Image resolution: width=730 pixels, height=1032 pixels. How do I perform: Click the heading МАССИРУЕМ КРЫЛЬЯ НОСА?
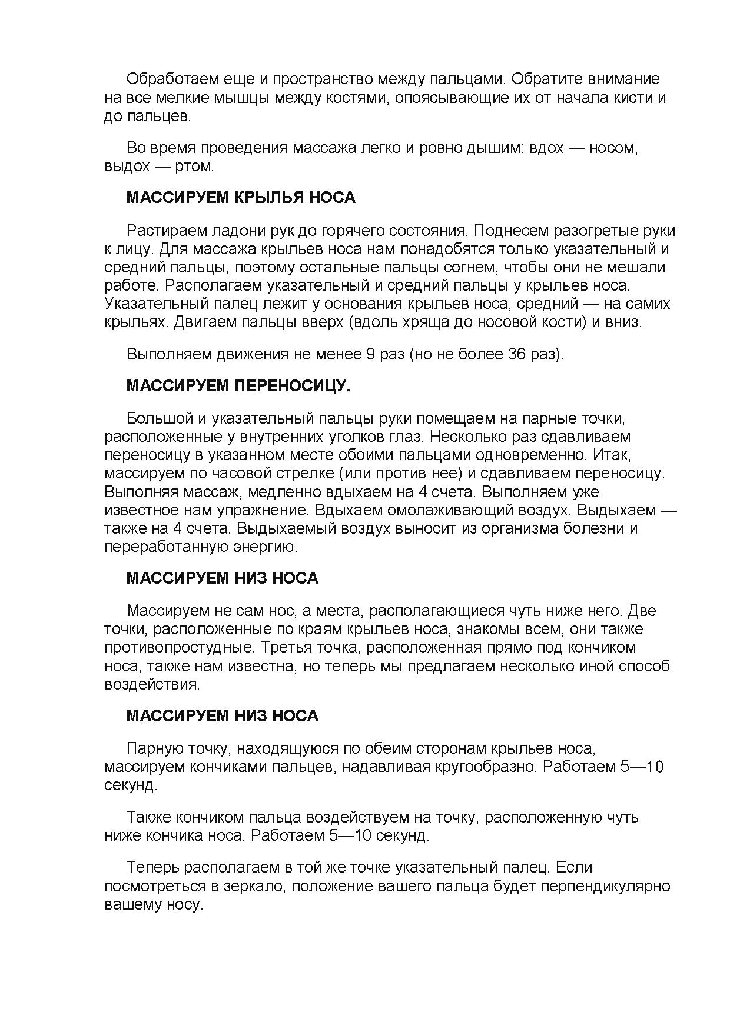coord(241,198)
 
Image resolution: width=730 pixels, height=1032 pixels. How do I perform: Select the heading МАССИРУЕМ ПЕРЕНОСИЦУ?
coord(238,386)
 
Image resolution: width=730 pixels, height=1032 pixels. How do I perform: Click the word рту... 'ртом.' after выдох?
coord(195,166)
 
